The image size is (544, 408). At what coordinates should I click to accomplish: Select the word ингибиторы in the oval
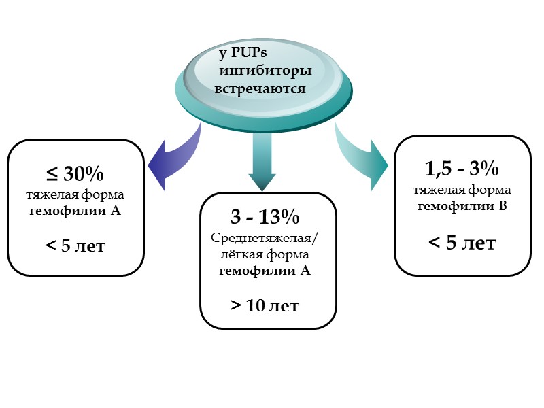point(265,71)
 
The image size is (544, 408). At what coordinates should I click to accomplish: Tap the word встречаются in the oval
point(260,89)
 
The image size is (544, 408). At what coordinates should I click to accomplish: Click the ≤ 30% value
point(75,174)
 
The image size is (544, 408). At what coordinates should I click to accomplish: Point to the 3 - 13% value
point(265,218)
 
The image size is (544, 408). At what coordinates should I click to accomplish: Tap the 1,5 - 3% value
point(462,168)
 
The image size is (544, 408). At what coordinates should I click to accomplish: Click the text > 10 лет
point(265,305)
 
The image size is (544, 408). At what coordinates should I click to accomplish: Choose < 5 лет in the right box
point(462,242)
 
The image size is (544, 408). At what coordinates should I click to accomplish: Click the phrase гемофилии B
point(462,206)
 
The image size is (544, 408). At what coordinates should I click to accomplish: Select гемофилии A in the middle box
point(265,271)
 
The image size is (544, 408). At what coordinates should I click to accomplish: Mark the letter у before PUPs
point(222,54)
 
